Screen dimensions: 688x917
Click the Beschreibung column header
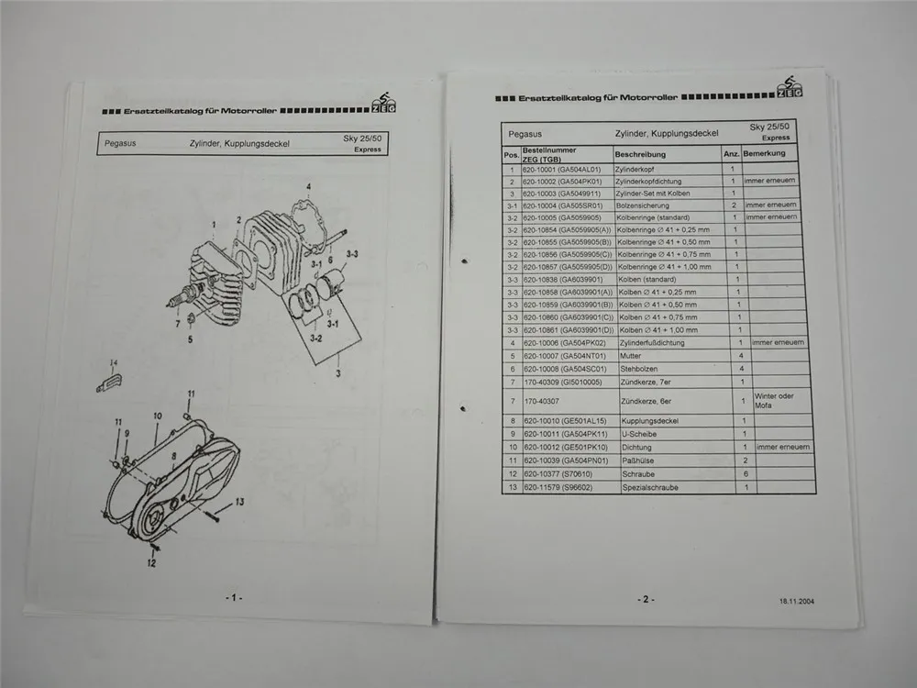(640, 155)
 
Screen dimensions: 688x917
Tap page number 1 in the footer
(233, 597)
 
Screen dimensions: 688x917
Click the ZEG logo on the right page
(790, 88)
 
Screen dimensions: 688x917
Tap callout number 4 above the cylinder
(309, 187)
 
